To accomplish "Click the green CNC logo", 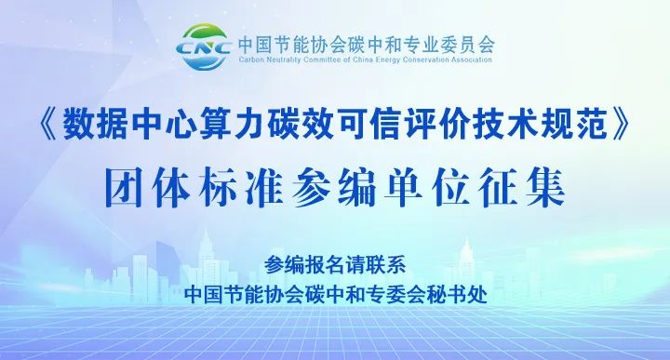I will pyautogui.click(x=202, y=46).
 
